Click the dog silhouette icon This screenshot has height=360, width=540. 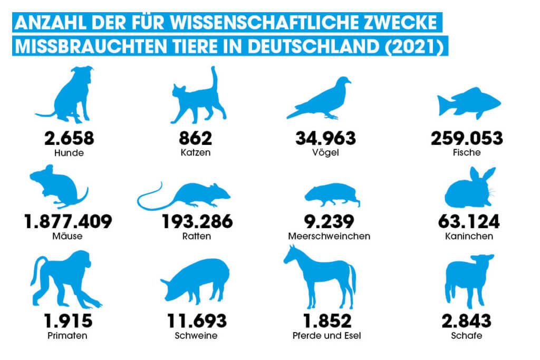(71, 98)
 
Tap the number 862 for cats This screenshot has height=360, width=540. (195, 139)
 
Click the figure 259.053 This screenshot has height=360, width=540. (467, 139)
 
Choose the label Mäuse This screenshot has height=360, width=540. (68, 236)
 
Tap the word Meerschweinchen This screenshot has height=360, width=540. (329, 236)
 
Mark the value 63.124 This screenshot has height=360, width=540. (469, 222)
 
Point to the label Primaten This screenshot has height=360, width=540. (68, 336)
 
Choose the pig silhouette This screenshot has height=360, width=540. (197, 282)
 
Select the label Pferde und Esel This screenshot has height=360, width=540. (327, 336)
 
